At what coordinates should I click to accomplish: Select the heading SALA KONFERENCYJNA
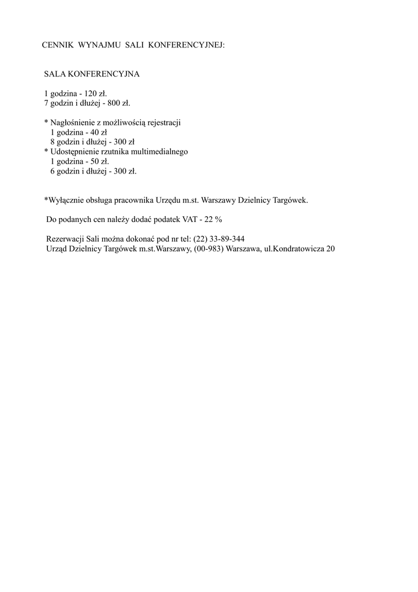coord(92,75)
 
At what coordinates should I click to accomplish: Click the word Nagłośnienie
coord(74,123)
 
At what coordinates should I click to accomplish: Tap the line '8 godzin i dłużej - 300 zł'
coord(92,142)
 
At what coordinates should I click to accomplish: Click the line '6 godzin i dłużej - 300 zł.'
coord(94,171)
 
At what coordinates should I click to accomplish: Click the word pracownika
coord(134,200)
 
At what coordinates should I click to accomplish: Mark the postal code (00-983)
coord(208,249)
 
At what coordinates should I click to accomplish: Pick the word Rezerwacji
coord(64,239)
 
